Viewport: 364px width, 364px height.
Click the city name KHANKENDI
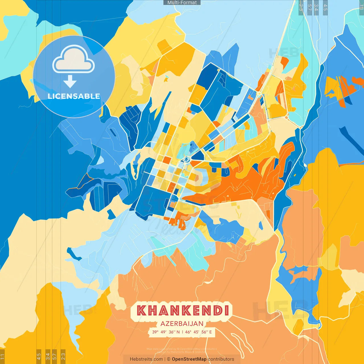point(183,310)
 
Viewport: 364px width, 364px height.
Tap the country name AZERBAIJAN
point(182,324)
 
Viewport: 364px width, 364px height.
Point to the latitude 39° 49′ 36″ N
point(166,332)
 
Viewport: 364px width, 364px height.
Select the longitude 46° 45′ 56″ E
point(198,332)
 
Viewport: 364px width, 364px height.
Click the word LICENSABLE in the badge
point(74,96)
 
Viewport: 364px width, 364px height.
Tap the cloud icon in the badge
point(74,59)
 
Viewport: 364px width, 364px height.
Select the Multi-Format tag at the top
point(182,3)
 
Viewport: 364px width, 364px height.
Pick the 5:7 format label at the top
point(309,7)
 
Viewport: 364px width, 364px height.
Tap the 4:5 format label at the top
point(325,7)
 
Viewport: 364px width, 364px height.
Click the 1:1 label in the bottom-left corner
point(3,357)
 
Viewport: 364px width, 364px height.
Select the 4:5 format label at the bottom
point(39,356)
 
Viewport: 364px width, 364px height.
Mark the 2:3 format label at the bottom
point(63,356)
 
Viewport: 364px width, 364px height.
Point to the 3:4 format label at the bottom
point(48,356)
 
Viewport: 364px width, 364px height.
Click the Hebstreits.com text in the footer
point(146,359)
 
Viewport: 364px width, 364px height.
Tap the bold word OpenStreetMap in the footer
point(189,359)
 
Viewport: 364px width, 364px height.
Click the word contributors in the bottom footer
point(221,359)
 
